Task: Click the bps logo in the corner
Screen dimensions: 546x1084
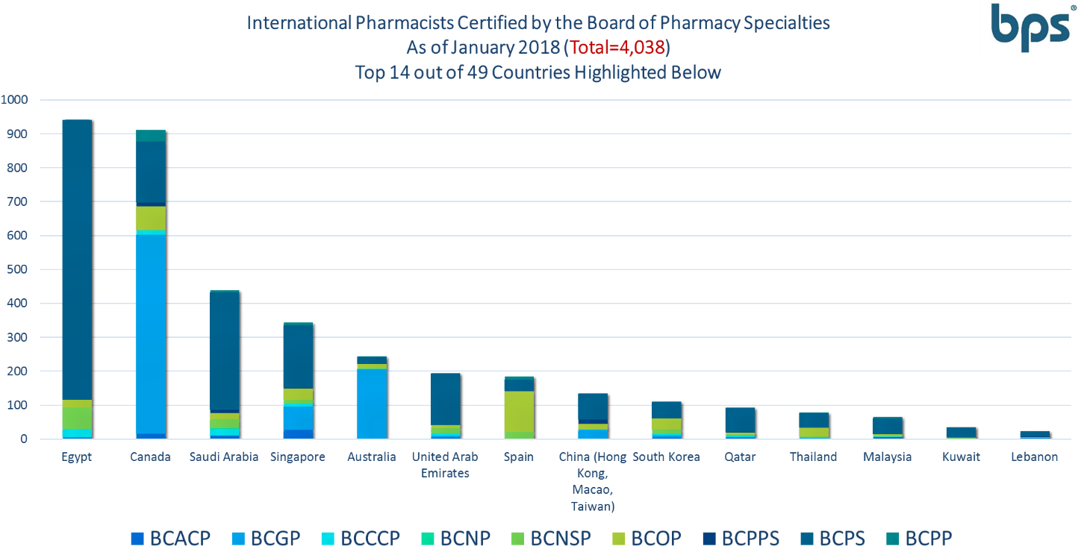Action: pos(1030,28)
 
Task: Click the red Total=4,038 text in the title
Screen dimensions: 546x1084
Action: pos(619,48)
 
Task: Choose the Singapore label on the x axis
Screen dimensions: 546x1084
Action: pos(298,456)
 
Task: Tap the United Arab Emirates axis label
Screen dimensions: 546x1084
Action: pos(445,464)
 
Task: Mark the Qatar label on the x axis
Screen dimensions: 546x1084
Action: pos(739,456)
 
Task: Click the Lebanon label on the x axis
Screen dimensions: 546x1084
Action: pos(1034,456)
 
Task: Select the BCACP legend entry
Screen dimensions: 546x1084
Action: pos(171,537)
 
